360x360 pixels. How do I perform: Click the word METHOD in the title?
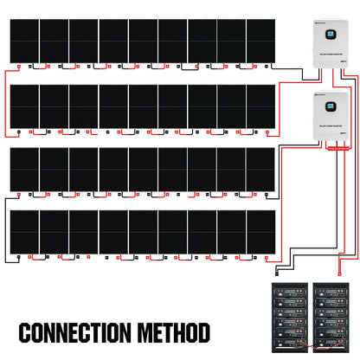pyautogui.click(x=171, y=332)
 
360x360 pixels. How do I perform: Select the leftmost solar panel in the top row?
pyautogui.click(x=24, y=40)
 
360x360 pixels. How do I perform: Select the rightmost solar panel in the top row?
pyautogui.click(x=260, y=40)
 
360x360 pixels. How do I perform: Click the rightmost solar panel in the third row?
pyautogui.click(x=260, y=168)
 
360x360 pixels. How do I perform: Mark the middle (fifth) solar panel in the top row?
pyautogui.click(x=143, y=40)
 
